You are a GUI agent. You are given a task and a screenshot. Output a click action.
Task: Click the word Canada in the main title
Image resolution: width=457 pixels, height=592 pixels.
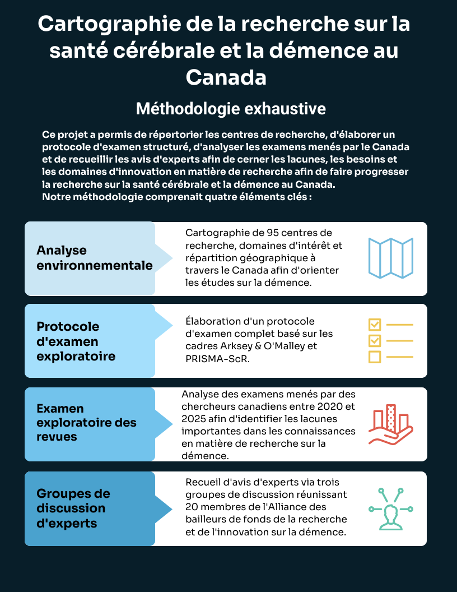pos(226,77)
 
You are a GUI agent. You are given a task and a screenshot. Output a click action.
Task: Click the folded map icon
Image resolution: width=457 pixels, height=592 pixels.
pos(390,258)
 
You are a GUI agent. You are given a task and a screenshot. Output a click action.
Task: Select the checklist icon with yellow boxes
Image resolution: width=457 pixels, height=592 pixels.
pos(390,340)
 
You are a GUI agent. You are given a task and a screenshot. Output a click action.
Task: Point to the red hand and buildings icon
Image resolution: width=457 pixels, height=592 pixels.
pos(390,424)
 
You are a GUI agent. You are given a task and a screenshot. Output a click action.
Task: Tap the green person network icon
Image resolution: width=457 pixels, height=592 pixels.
pos(390,508)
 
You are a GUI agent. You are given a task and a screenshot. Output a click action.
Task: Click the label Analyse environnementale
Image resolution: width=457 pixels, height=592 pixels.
pos(94,258)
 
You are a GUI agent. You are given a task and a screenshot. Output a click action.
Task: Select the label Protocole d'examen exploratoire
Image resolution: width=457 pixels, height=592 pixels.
pos(76,341)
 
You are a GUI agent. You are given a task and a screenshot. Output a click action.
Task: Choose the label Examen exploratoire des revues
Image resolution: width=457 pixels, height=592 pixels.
pos(87,423)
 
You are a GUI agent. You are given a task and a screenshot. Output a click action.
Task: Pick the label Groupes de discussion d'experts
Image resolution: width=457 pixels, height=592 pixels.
pos(73,508)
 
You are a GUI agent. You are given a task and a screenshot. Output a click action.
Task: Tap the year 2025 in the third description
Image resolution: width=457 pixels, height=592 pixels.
pos(194,419)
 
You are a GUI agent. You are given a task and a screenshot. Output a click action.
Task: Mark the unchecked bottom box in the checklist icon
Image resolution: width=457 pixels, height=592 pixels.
pos(375,357)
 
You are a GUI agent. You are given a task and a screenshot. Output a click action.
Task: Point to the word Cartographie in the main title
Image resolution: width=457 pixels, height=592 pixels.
pos(111,25)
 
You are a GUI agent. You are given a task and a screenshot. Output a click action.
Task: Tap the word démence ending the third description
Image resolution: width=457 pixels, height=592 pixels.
pos(203,456)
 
